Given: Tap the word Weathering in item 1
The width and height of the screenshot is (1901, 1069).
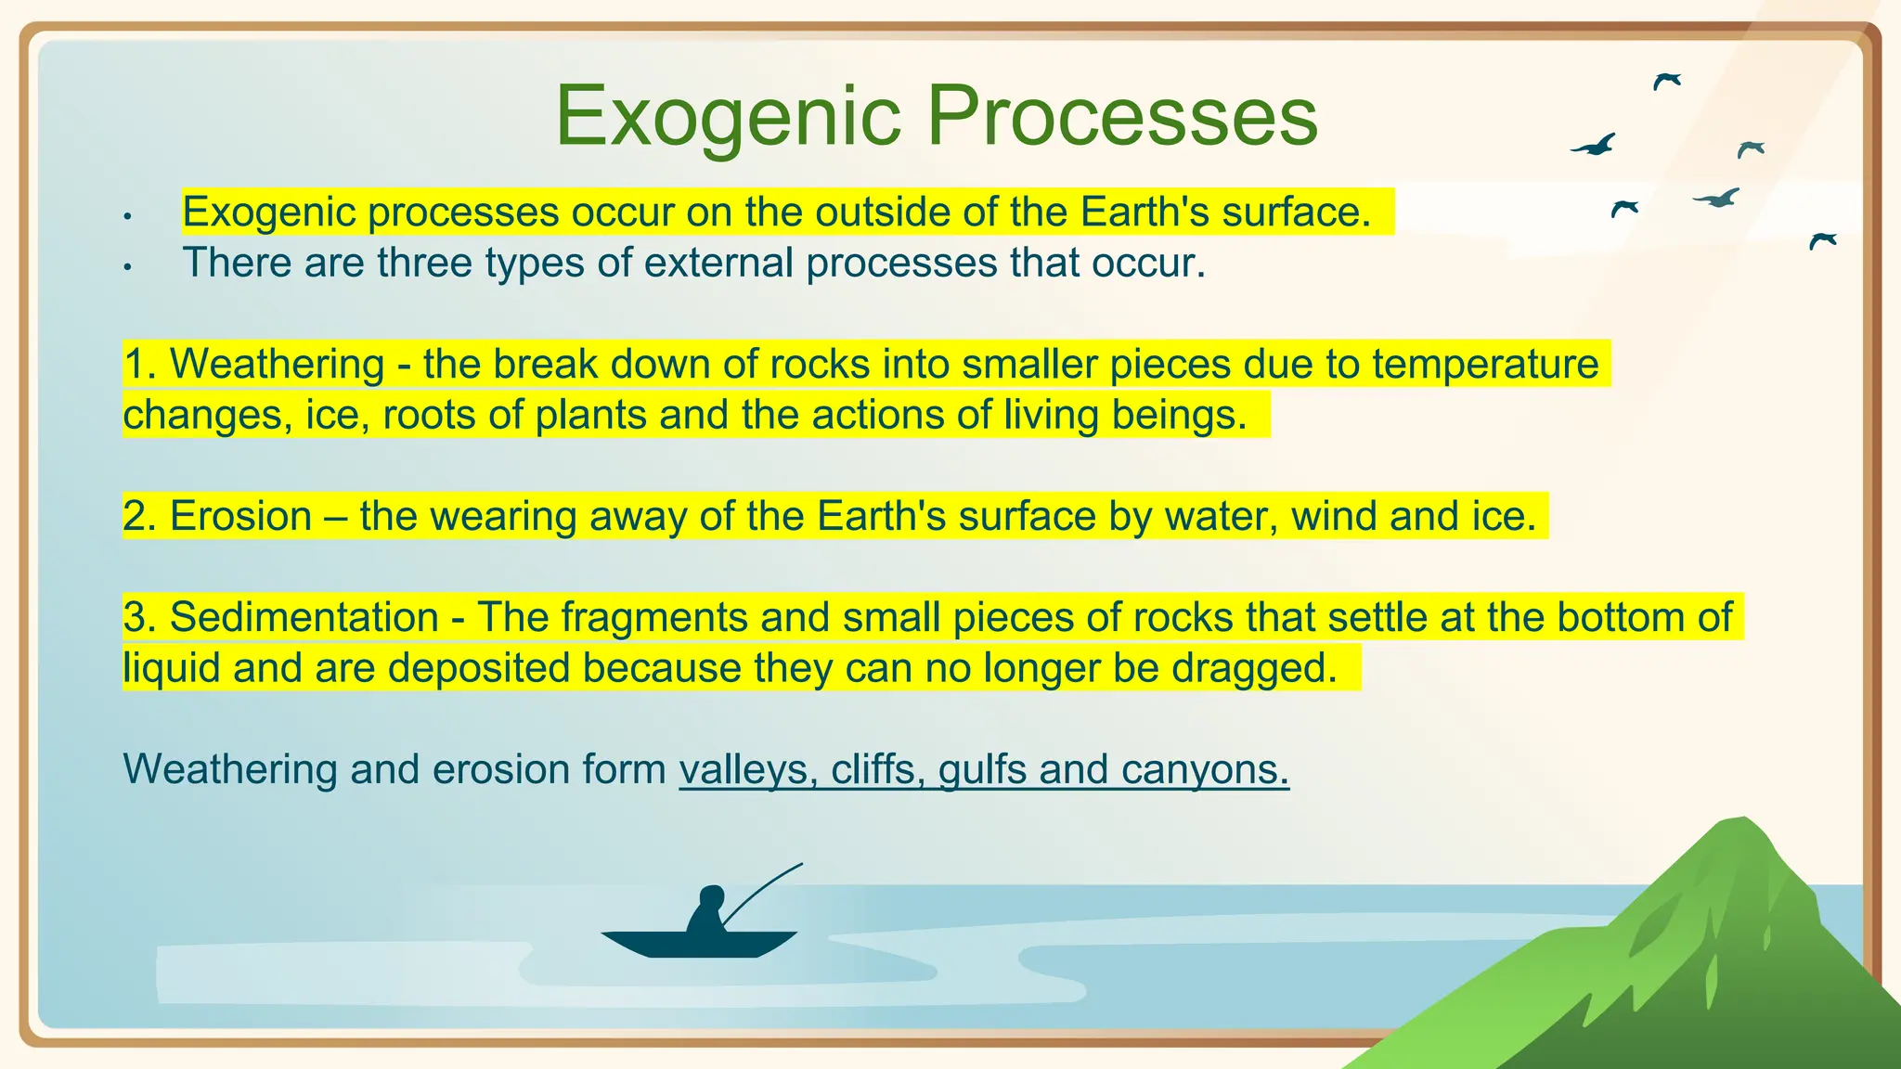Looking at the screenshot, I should click(277, 364).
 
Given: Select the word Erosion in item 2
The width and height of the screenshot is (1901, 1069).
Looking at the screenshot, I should click(240, 516).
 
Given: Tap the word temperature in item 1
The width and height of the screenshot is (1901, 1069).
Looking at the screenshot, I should click(1485, 364).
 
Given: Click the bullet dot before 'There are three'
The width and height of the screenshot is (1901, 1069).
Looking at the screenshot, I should click(128, 268).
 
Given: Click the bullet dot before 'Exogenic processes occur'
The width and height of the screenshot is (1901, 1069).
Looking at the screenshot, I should click(128, 217).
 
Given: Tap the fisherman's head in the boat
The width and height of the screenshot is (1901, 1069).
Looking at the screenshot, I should click(711, 897).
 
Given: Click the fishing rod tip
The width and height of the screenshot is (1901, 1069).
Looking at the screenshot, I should click(800, 865).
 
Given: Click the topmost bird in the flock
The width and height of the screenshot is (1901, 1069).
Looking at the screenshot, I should click(1666, 81).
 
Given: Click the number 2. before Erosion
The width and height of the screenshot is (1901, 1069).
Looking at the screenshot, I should click(139, 516).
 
